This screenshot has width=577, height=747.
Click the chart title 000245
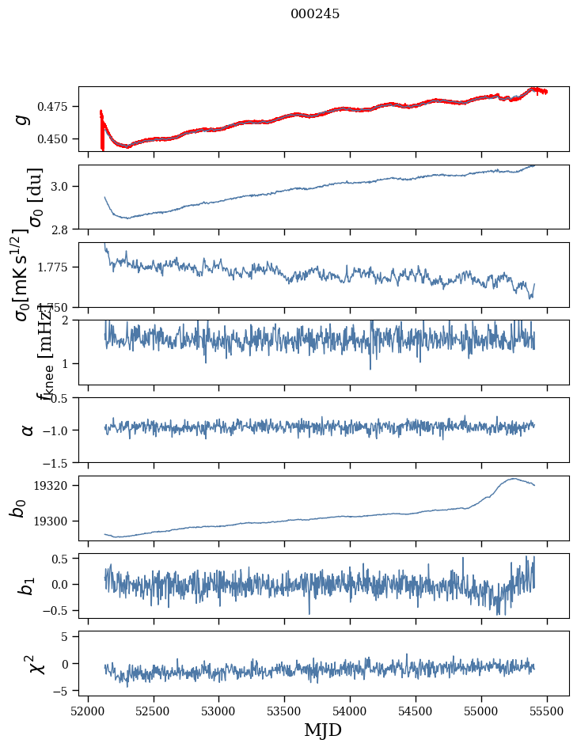point(315,14)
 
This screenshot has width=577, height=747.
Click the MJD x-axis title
point(323,730)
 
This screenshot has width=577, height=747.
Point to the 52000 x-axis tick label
point(88,710)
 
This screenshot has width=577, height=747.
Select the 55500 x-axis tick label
point(548,710)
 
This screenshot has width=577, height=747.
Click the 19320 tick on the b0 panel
point(55,485)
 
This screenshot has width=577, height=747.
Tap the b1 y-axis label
point(27,586)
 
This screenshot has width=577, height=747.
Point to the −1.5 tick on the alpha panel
point(59,462)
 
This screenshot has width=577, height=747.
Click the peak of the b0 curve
point(514,478)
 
